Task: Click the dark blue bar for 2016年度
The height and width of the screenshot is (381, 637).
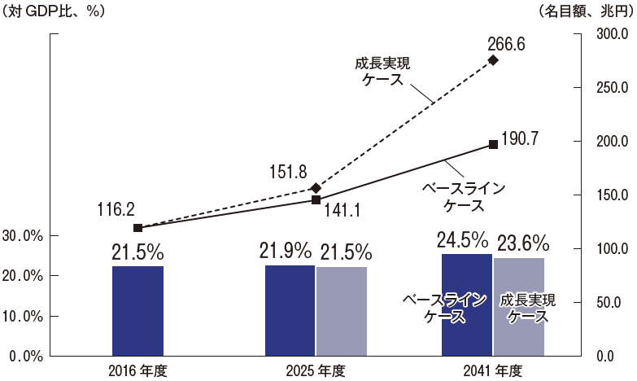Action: pos(137,310)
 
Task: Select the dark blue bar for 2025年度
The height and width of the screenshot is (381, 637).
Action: pos(290,310)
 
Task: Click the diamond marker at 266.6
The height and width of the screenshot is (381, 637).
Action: pos(493,59)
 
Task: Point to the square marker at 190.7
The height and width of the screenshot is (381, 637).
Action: pos(493,144)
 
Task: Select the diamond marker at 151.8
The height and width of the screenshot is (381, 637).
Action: pos(316,187)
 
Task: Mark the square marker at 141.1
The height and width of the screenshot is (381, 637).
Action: pos(316,199)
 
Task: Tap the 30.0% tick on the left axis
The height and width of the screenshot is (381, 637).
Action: pos(24,236)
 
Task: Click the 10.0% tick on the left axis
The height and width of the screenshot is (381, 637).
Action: pos(24,316)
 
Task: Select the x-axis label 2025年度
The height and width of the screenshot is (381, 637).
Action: pos(316,371)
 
